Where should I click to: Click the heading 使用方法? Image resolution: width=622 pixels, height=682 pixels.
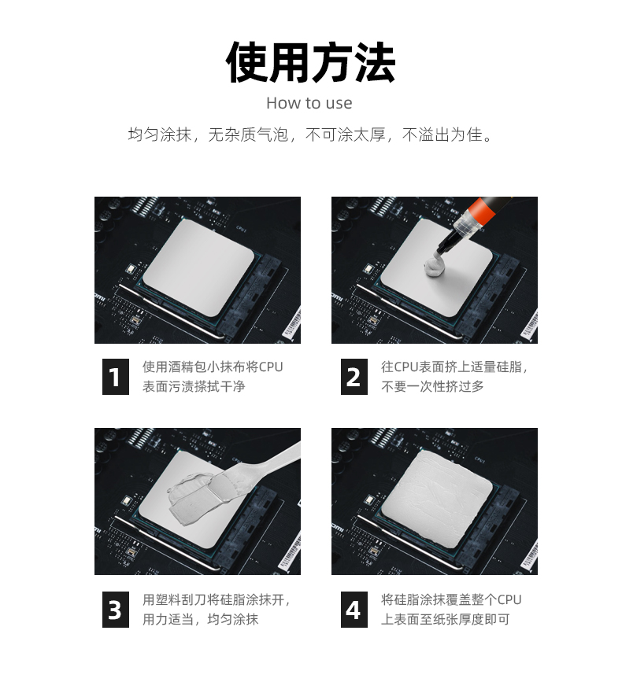pos(310,62)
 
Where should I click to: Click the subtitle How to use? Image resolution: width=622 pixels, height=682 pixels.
pos(309,103)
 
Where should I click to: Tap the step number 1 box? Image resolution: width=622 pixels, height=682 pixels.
pos(116,377)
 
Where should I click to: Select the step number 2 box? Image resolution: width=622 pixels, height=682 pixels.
pos(354,377)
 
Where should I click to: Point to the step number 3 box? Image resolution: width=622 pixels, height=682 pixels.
pos(116,610)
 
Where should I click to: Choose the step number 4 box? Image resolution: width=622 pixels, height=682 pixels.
pos(354,610)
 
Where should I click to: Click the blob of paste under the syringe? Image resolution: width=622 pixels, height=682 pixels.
pos(435,266)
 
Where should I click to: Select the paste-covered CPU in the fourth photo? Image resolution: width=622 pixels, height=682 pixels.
pos(436,500)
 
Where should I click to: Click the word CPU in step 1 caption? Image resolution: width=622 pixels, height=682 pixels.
pos(271,367)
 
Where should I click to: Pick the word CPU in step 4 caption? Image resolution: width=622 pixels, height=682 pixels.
pos(509,599)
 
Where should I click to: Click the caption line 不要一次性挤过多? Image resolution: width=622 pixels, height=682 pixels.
pos(432,386)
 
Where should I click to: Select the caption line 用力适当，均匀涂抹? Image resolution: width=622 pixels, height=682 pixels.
pos(200,619)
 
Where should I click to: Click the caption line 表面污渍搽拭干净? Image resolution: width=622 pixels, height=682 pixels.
pos(194,386)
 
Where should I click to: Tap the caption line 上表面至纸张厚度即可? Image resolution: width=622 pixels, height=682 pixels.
pos(446,619)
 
